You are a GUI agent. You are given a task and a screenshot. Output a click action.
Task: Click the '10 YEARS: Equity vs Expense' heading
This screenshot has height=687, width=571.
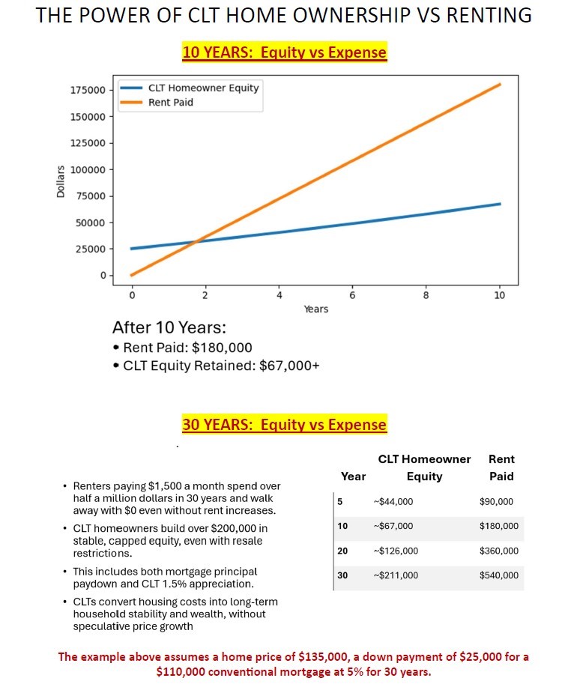click(x=284, y=52)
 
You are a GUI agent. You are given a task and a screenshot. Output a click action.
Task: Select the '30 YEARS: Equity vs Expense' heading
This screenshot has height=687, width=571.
click(x=284, y=425)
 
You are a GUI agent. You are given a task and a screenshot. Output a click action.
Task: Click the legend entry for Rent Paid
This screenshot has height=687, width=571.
click(x=170, y=103)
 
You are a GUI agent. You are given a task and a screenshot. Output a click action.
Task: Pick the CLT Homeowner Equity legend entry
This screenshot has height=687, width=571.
click(x=203, y=88)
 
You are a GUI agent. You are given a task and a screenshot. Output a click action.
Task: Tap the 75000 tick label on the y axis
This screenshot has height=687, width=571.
click(x=91, y=196)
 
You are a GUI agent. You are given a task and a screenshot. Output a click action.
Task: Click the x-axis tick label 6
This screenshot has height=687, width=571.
click(x=352, y=295)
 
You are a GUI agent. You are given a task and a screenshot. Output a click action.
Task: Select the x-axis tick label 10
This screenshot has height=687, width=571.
click(x=500, y=295)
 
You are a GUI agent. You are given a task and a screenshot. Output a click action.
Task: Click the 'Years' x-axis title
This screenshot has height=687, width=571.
click(x=315, y=309)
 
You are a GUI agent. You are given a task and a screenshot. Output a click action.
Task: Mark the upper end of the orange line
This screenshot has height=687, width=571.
click(x=500, y=85)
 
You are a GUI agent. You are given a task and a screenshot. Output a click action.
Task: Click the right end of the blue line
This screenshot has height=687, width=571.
click(x=500, y=204)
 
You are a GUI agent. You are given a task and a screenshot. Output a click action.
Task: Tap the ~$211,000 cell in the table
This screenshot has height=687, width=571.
click(x=396, y=575)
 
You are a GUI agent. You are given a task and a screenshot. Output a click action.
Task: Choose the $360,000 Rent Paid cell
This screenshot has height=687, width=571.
click(x=498, y=551)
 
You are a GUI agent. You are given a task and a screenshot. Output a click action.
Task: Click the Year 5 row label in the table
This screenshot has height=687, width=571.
click(x=341, y=502)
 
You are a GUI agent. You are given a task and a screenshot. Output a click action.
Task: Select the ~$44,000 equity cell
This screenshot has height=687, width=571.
click(x=393, y=502)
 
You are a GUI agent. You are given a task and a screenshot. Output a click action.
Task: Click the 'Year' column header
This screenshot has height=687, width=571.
click(x=353, y=476)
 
